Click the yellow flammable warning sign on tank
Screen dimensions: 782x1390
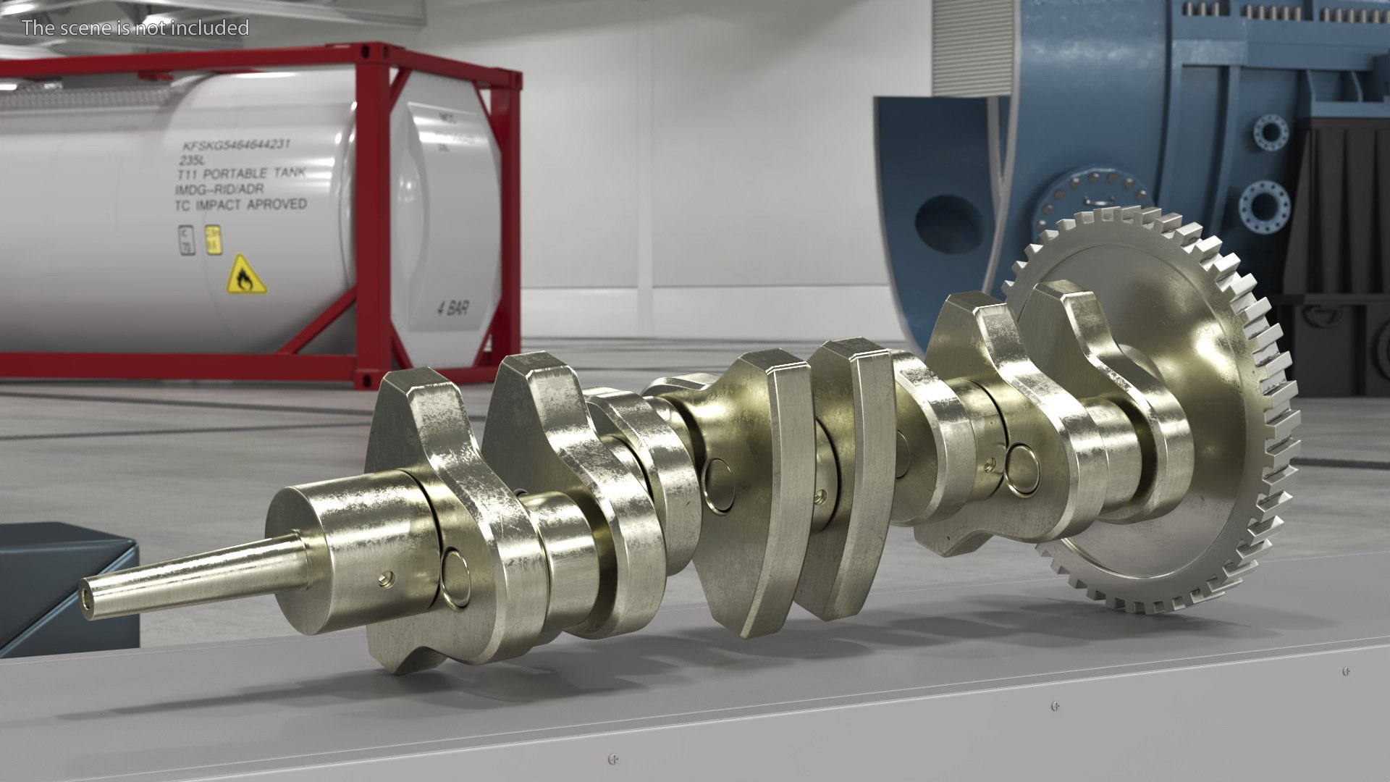coord(245,275)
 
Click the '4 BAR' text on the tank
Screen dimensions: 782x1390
coord(452,309)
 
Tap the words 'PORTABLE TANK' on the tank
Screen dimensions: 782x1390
coord(255,174)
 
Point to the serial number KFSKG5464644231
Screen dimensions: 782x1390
coord(235,145)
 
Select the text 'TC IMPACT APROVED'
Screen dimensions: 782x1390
coord(241,205)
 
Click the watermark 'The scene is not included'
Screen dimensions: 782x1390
coord(135,28)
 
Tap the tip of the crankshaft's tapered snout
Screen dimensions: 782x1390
coord(87,602)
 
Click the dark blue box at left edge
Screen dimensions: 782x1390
coord(65,590)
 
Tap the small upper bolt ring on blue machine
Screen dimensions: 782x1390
coord(1271,133)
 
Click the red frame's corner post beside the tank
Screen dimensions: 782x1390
coord(374,217)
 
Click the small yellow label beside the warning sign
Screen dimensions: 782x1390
coord(213,240)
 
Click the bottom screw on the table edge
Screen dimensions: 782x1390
coord(613,759)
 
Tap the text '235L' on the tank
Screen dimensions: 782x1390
coord(193,161)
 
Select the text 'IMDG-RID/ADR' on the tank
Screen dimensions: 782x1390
coord(219,190)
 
